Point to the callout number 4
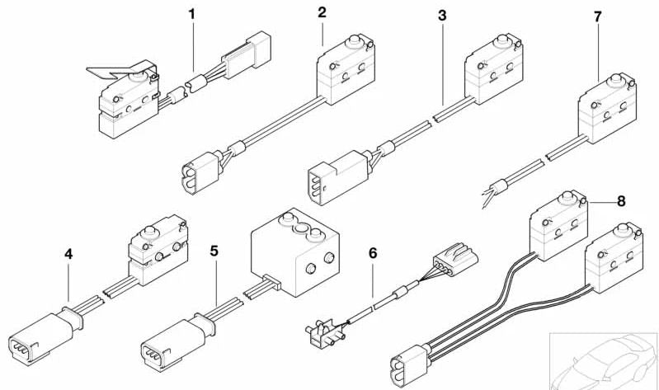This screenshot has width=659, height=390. point(68,255)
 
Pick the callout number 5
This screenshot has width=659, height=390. point(214,250)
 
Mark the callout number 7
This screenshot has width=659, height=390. point(597,16)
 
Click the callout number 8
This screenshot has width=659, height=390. point(621,200)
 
